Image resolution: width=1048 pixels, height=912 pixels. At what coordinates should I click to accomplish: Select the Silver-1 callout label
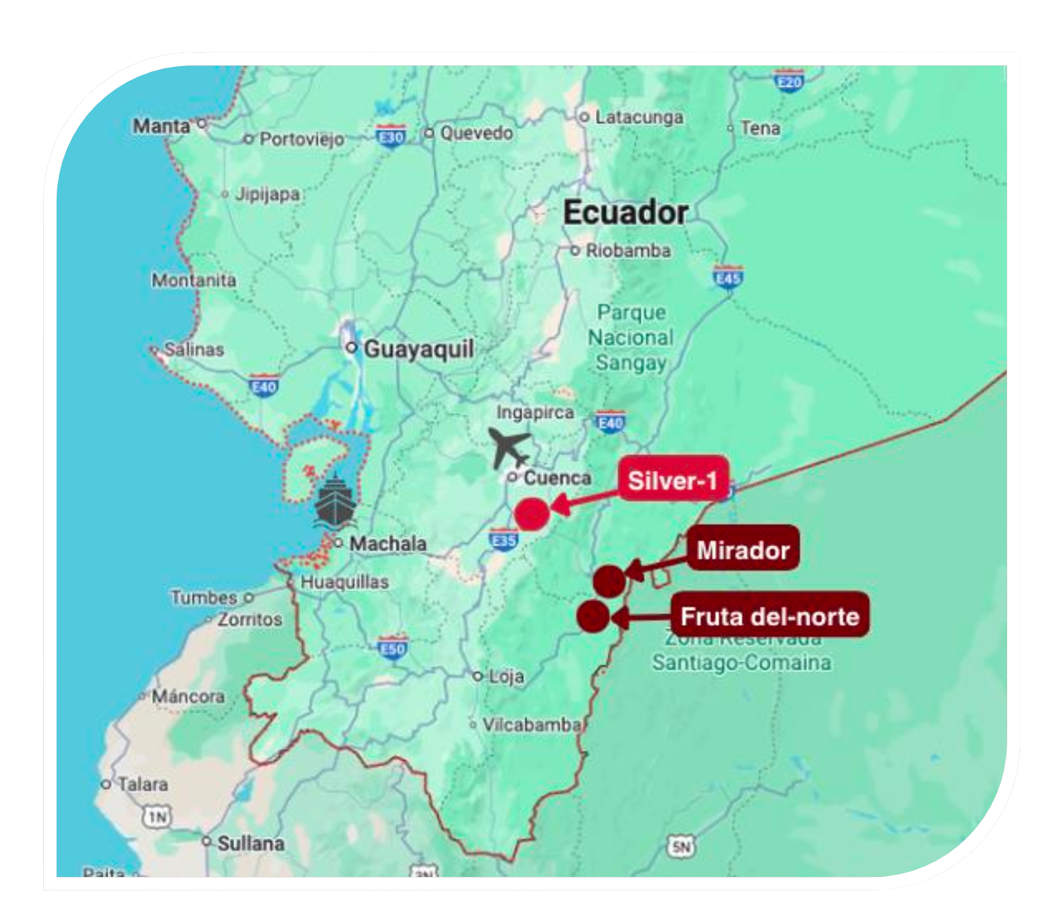673,480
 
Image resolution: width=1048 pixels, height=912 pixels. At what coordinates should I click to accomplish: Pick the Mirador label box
743,549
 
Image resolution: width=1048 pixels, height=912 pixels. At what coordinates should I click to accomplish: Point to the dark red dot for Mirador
609,581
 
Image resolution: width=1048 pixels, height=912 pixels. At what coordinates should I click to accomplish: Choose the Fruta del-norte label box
770,616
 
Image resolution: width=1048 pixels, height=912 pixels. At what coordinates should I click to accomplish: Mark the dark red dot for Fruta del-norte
593,616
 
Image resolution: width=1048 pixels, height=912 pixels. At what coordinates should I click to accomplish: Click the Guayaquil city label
418,349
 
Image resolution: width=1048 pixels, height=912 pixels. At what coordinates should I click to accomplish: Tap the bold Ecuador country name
626,212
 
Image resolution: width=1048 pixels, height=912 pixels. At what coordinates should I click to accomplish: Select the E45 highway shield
728,278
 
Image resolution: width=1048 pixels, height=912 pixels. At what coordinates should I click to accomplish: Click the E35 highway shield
504,540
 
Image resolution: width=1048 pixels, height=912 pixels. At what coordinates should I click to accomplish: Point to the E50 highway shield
392,648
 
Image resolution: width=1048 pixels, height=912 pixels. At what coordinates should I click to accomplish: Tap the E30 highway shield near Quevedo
391,137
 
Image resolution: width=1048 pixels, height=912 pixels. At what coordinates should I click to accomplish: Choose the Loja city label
505,676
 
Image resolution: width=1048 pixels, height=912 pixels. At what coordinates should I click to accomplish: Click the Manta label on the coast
162,126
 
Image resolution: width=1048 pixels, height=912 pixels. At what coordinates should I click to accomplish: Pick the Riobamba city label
628,250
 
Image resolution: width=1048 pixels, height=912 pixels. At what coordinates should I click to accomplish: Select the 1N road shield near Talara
158,816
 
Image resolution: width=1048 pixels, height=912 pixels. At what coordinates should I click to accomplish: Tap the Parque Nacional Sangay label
631,337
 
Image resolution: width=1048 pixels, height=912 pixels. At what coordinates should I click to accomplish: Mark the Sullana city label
251,843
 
